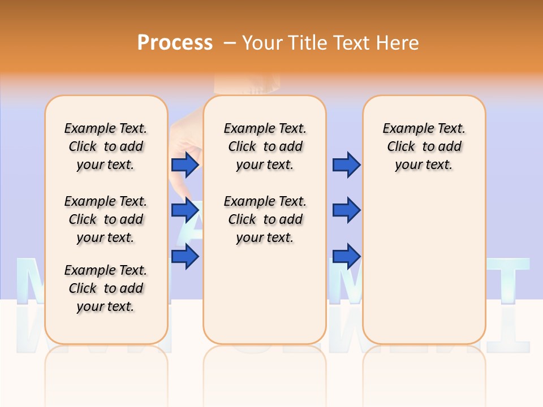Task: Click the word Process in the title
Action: (175, 43)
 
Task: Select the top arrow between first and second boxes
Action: (184, 164)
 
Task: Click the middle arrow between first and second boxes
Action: (184, 210)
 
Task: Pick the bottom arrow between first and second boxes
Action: (184, 257)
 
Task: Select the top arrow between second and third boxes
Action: (346, 164)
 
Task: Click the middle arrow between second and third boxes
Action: (346, 210)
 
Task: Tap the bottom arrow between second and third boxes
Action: (346, 256)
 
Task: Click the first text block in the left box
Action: (106, 146)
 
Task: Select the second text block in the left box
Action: (106, 219)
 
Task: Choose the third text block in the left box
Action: (106, 288)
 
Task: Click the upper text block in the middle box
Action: (265, 146)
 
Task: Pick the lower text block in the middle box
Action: (265, 219)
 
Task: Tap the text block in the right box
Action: (424, 146)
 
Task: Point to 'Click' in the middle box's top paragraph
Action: (242, 147)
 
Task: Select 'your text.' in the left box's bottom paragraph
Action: (106, 306)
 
